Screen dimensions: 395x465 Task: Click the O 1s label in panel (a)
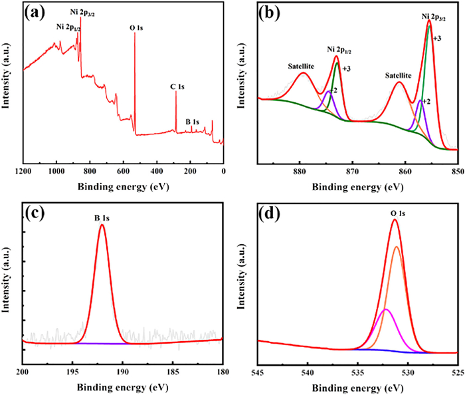click(x=136, y=29)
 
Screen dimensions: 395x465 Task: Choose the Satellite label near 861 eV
click(x=399, y=75)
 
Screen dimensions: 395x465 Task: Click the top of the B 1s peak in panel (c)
click(x=102, y=225)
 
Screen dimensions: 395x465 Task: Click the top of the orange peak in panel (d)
click(x=397, y=247)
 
